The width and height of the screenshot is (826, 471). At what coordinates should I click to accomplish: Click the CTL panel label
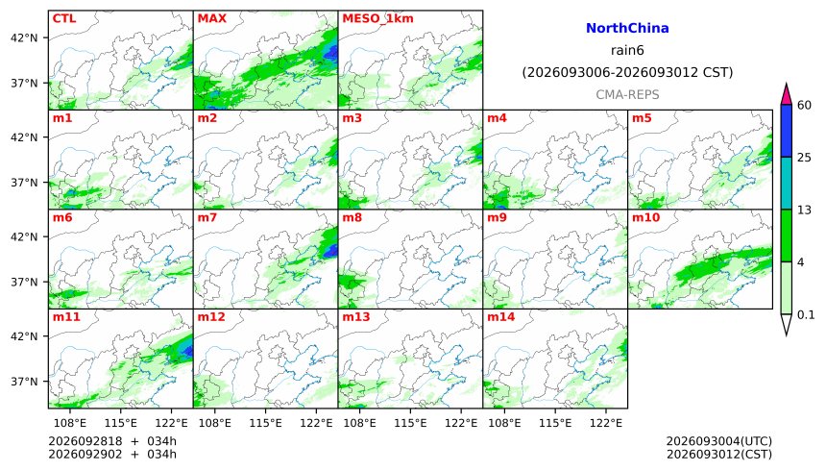[64, 18]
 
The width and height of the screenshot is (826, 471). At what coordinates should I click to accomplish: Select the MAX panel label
[211, 18]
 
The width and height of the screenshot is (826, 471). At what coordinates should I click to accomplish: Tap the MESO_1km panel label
[377, 19]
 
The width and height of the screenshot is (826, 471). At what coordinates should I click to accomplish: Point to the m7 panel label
[207, 217]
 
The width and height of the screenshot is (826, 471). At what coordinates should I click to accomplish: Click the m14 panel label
[500, 316]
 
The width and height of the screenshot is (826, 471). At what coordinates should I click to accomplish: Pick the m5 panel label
[642, 118]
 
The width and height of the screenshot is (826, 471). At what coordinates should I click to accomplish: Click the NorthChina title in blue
[627, 29]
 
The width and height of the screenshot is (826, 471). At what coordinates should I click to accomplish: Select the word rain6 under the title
[627, 51]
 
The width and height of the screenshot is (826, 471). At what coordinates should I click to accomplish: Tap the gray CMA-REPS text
[627, 95]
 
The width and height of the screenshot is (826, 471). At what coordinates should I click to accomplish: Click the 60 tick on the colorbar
[805, 105]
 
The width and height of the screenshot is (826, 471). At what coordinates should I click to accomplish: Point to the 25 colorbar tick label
[805, 158]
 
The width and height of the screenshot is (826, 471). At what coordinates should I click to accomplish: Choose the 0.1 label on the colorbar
[806, 315]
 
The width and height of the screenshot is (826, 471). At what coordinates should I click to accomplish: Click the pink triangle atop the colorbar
[787, 96]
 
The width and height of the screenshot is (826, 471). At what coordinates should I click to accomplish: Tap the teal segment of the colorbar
[787, 183]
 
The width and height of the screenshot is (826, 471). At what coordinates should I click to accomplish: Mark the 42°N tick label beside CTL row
[24, 38]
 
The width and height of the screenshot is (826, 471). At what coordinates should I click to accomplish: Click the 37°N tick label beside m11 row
[24, 382]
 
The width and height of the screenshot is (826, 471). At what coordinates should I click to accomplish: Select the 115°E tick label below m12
[265, 423]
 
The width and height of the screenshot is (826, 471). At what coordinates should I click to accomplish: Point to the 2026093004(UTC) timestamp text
[719, 441]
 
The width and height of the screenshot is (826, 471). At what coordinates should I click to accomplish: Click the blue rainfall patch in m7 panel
[330, 250]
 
